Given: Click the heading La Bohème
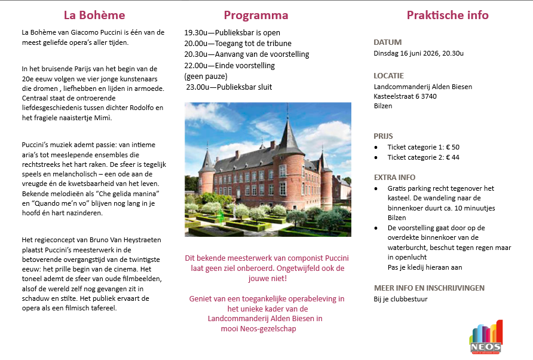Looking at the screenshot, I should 94,15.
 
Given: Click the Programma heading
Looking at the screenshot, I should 256,15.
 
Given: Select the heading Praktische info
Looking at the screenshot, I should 448,15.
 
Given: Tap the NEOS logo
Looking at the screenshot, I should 485,337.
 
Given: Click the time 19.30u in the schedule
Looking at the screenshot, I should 196,33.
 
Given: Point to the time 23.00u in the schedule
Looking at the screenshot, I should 198,87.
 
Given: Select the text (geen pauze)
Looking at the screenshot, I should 206,77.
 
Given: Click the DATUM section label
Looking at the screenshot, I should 387,42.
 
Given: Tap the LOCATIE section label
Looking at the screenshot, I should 388,76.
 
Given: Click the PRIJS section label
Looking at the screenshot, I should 383,136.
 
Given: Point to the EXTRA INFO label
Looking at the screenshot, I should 394,177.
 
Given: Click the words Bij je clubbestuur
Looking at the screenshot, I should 401,299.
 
